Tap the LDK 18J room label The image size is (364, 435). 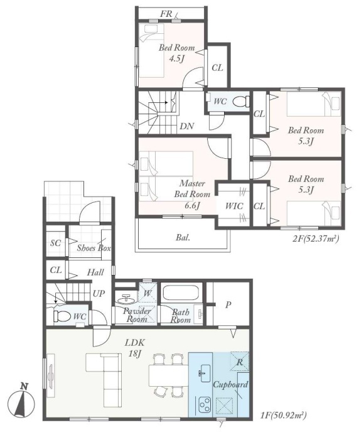[x=135, y=348]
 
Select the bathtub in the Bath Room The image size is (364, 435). [x=181, y=293]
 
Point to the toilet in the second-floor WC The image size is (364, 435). [x=240, y=102]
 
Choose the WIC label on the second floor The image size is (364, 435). [x=234, y=206]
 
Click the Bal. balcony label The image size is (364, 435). [x=183, y=237]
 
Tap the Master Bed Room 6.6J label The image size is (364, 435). [x=192, y=194]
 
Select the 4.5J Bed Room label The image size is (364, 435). [x=177, y=53]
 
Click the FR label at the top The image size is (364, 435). [x=166, y=14]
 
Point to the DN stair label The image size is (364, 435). [x=187, y=126]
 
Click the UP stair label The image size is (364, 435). [x=99, y=294]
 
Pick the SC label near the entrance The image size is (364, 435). [x=55, y=243]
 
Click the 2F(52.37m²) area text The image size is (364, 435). [x=316, y=239]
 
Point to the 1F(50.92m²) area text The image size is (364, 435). [x=283, y=415]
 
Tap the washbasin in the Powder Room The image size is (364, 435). [x=126, y=299]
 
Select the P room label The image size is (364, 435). [x=228, y=305]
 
